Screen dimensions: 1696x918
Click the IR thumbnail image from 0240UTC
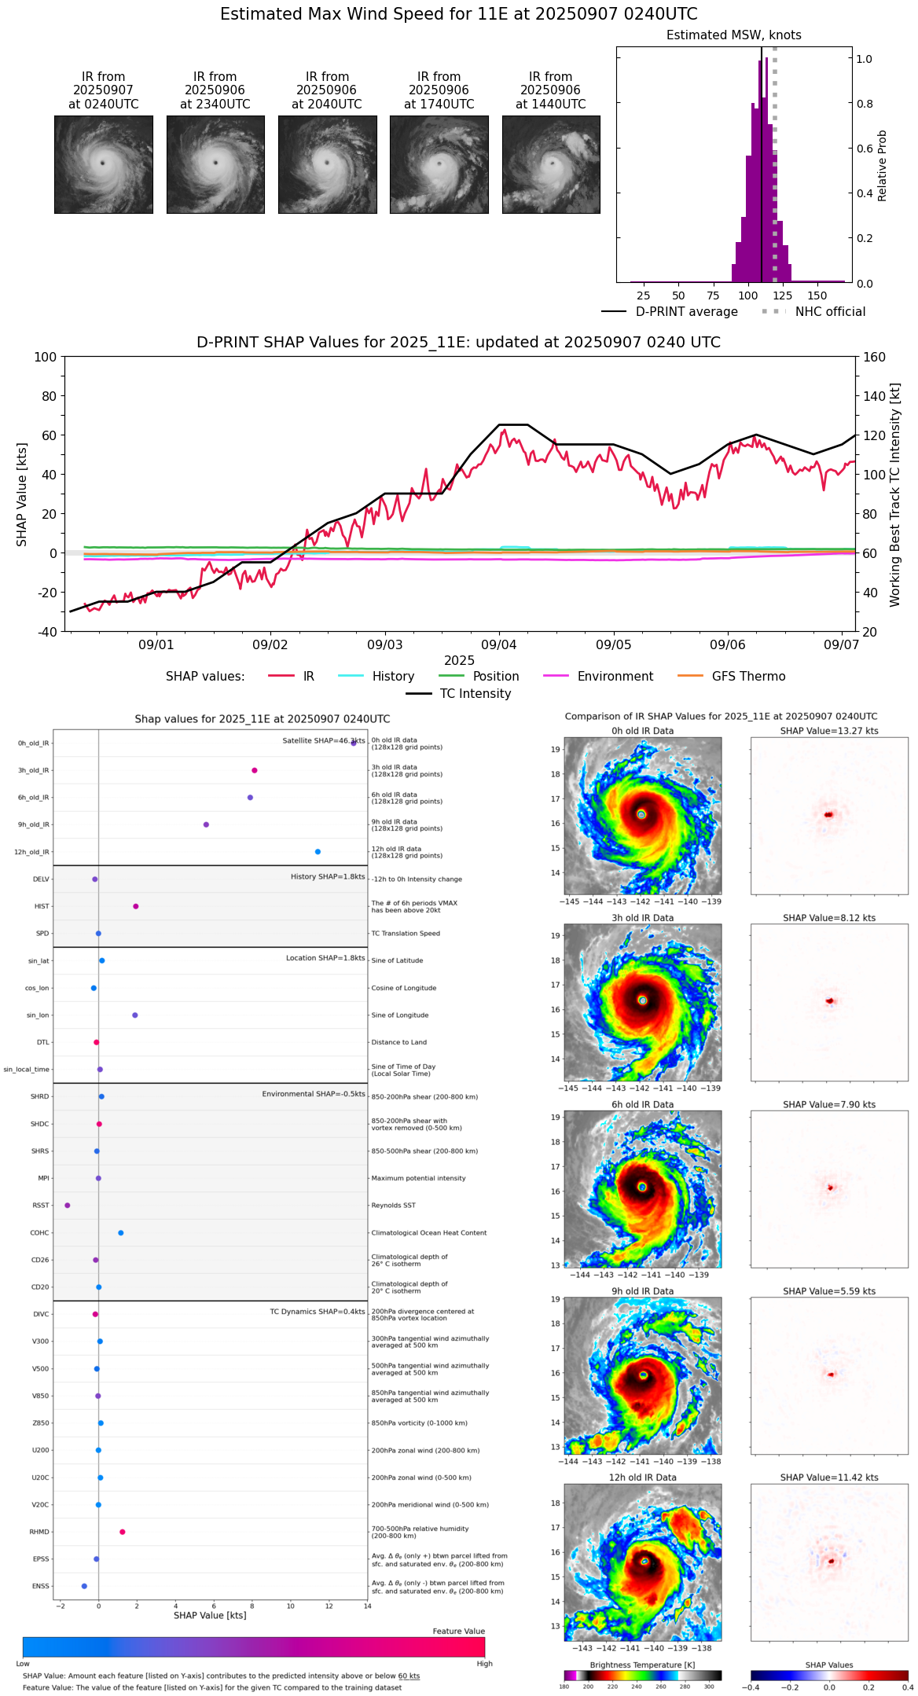pyautogui.click(x=103, y=164)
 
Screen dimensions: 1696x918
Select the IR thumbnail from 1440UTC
pyautogui.click(x=551, y=164)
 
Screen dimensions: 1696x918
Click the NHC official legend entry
pyautogui.click(x=829, y=312)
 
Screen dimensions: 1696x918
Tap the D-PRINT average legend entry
pyautogui.click(x=686, y=312)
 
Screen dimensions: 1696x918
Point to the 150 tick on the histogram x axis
pyautogui.click(x=817, y=296)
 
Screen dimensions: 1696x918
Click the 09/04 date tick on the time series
pyautogui.click(x=499, y=644)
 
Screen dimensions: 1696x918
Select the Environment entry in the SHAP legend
pyautogui.click(x=615, y=677)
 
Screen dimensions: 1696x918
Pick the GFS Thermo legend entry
pyautogui.click(x=748, y=677)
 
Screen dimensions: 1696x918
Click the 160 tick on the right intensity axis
pyautogui.click(x=874, y=358)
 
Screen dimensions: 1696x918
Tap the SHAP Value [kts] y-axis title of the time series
pyautogui.click(x=22, y=494)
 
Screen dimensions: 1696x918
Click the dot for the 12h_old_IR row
pyautogui.click(x=318, y=852)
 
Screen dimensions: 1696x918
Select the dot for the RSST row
pyautogui.click(x=68, y=1206)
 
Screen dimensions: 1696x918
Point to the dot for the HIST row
pyautogui.click(x=136, y=906)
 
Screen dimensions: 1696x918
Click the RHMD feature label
pyautogui.click(x=39, y=1532)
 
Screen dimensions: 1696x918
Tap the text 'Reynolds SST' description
pyautogui.click(x=393, y=1206)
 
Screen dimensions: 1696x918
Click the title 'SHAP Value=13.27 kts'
pyautogui.click(x=829, y=731)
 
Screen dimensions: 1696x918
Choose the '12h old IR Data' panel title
pyautogui.click(x=642, y=1478)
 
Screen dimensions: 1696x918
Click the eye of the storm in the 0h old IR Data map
pyautogui.click(x=641, y=815)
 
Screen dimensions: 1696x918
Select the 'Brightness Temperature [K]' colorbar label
pyautogui.click(x=642, y=1665)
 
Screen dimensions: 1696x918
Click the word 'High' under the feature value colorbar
pyautogui.click(x=484, y=1664)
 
